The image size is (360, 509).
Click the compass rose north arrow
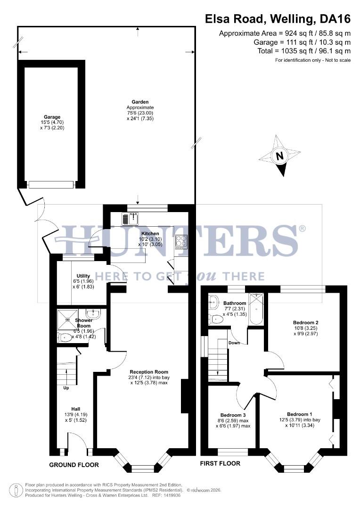(x=280, y=156)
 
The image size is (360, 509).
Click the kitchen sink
(x=131, y=219)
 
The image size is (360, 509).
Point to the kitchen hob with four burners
(x=181, y=241)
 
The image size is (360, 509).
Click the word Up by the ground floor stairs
(x=67, y=388)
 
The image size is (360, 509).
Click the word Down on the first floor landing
(x=234, y=343)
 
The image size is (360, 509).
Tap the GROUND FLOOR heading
(x=74, y=465)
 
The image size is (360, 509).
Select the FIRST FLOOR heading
(x=220, y=463)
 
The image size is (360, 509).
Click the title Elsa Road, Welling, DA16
(x=278, y=19)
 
